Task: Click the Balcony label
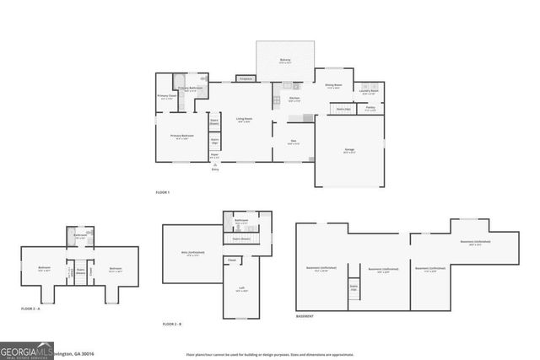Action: (285, 60)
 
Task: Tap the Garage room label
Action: (348, 150)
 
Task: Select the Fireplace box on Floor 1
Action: (246, 78)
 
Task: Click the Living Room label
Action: (244, 120)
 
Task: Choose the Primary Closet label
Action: (165, 96)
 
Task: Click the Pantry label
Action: (370, 108)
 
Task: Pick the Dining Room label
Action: (333, 85)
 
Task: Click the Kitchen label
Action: (294, 99)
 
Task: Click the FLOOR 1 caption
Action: (162, 193)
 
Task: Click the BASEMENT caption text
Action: (305, 316)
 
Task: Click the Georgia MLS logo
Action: (25, 351)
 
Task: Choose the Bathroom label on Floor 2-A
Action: (79, 235)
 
